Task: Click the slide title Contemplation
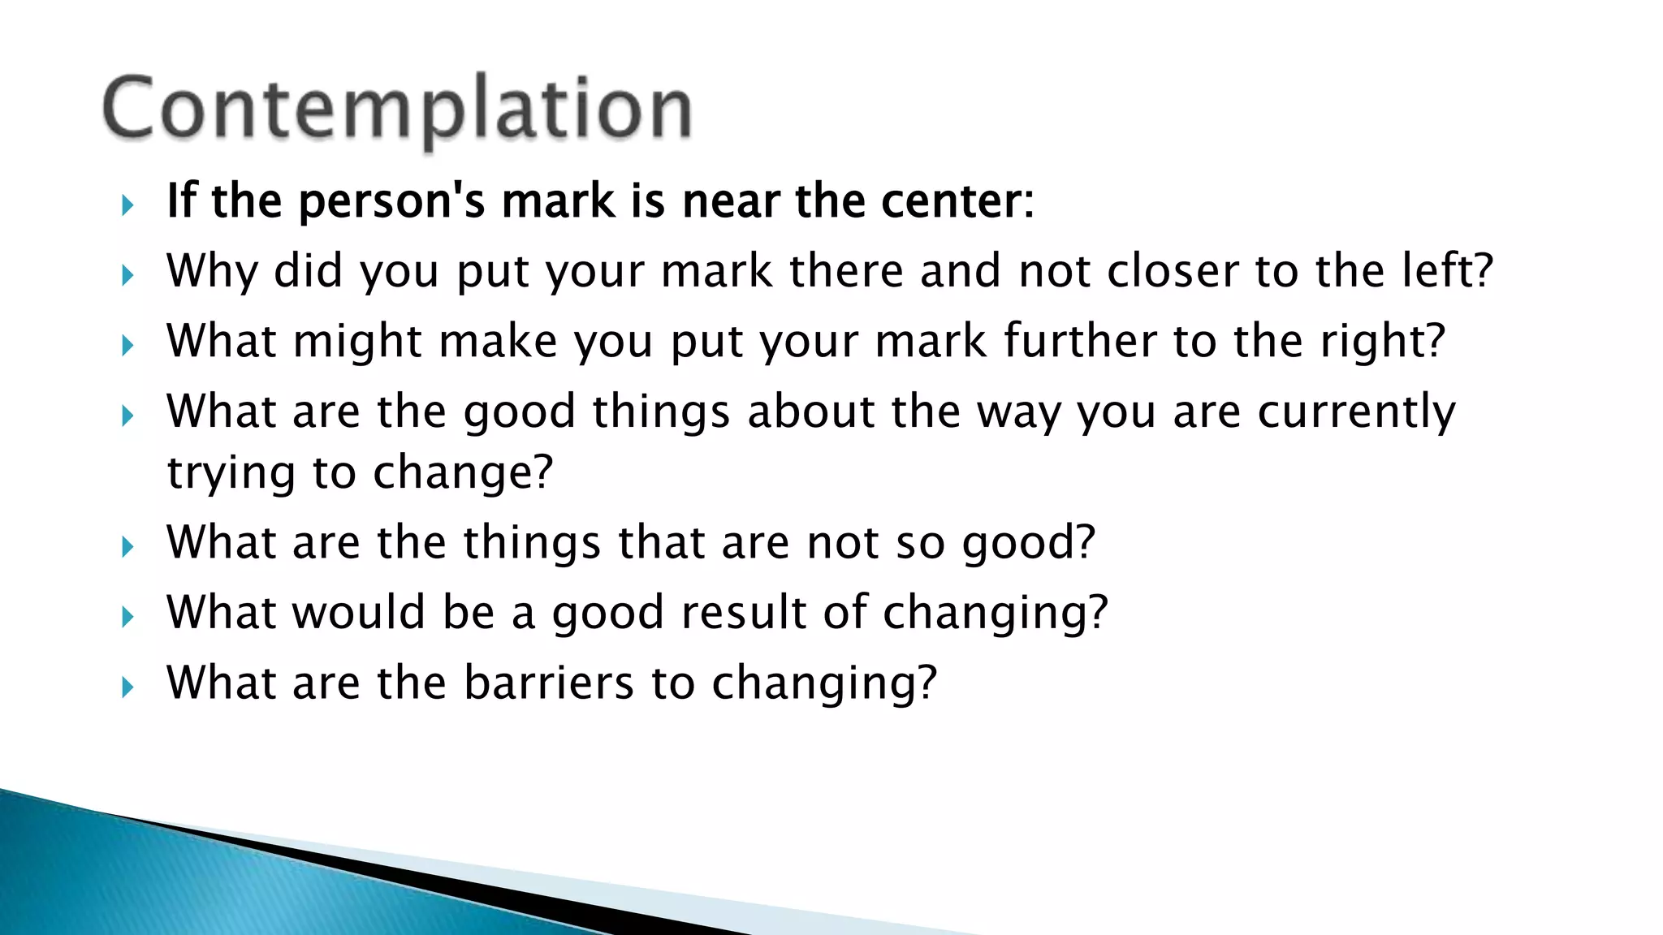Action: coord(397,109)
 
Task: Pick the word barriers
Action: coord(548,683)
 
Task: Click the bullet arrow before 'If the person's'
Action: coord(127,205)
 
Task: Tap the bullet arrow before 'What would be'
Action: coord(127,617)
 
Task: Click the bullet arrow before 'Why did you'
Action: coord(127,275)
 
